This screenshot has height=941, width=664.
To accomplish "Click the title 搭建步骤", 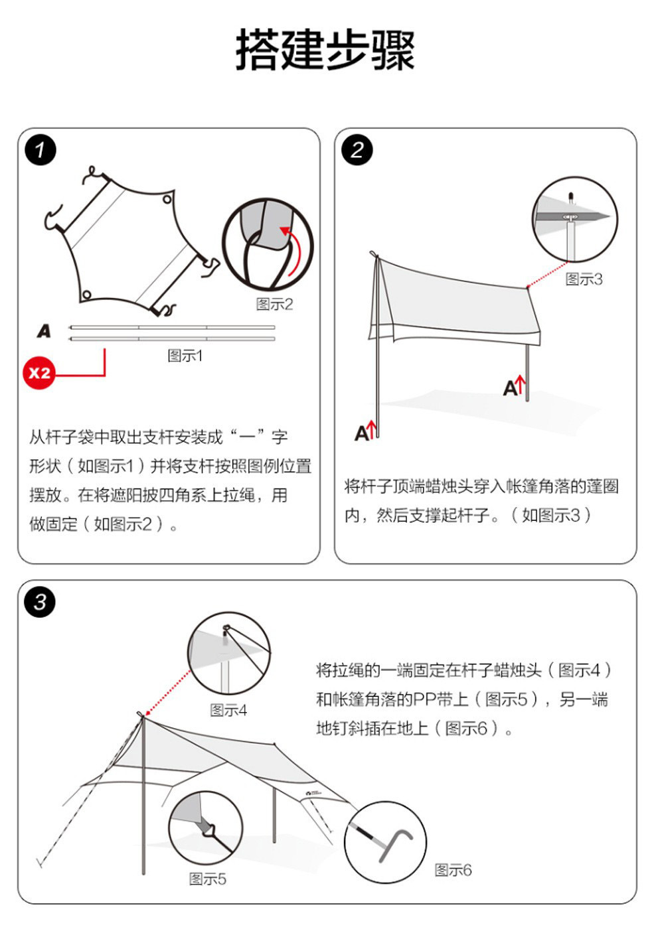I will point(325,50).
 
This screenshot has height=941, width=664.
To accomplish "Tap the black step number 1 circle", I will point(41,150).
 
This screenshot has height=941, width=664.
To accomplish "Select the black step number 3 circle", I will point(41,603).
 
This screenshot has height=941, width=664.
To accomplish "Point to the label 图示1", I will point(185,356).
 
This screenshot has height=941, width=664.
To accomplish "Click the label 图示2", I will point(274,305).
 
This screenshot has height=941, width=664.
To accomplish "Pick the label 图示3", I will point(584,279).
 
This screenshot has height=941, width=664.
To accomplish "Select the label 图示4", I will point(228,710).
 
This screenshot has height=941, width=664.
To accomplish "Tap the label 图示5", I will point(207,879).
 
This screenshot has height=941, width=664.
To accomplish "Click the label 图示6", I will point(453,870).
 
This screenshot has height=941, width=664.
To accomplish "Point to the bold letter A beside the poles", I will point(44,330).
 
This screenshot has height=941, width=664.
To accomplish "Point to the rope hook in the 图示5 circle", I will point(210,830).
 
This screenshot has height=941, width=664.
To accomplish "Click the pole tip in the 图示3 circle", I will point(570,196).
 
